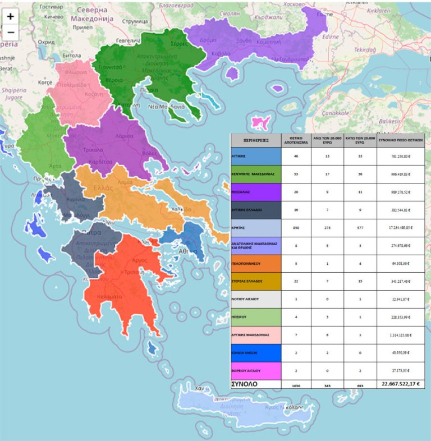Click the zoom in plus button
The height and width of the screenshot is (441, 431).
(11, 17)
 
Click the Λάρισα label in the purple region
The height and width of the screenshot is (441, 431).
(125, 136)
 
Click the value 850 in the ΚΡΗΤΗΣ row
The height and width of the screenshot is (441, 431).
(296, 228)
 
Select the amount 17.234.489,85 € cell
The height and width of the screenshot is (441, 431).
(400, 228)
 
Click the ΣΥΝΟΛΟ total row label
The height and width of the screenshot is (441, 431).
(244, 384)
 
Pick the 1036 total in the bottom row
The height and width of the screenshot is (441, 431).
(296, 385)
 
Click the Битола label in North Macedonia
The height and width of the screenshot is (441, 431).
(72, 56)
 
